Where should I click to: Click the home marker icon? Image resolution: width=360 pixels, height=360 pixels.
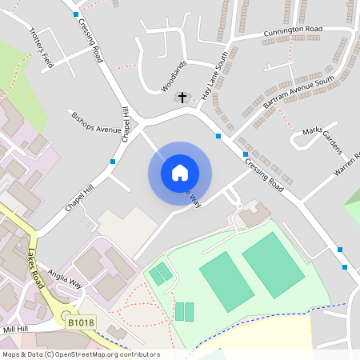(x=180, y=173)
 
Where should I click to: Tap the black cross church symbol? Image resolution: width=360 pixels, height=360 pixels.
(x=182, y=98)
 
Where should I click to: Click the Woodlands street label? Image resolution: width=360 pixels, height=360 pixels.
(x=174, y=74)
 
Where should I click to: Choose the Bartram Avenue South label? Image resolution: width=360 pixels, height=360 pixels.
(x=298, y=92)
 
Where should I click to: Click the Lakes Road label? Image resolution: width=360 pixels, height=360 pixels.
(x=34, y=267)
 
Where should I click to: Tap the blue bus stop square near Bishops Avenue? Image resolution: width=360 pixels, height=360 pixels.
(x=112, y=162)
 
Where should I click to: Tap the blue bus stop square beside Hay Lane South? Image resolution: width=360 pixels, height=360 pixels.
(x=218, y=136)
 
